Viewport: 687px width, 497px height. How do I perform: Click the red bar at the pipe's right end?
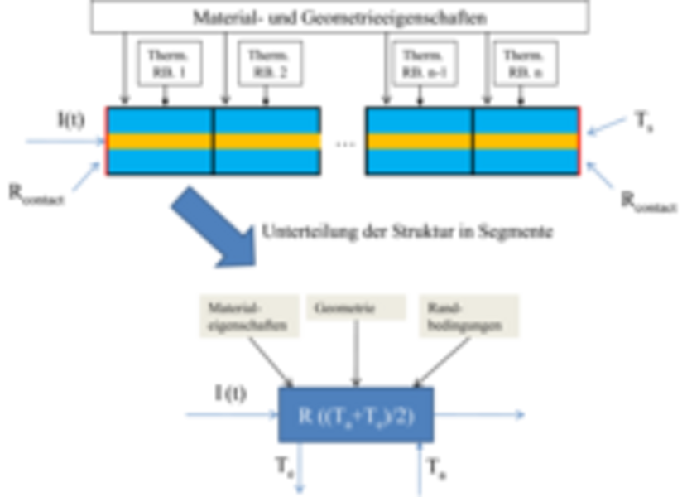pos(583,141)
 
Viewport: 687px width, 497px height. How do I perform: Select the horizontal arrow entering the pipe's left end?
pos(58,141)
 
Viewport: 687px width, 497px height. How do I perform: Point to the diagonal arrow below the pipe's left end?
pos(83,176)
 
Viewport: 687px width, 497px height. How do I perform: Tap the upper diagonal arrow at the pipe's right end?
pos(609,125)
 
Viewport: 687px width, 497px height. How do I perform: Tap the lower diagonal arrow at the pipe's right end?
pos(603,175)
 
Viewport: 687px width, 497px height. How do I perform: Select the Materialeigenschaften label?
pos(247,316)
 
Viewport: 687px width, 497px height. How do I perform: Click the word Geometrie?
pos(344,308)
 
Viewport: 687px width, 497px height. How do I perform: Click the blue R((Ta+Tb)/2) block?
pos(357,415)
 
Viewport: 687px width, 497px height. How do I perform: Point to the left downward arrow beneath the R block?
pos(300,472)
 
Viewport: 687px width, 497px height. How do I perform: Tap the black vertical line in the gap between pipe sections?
pos(325,142)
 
